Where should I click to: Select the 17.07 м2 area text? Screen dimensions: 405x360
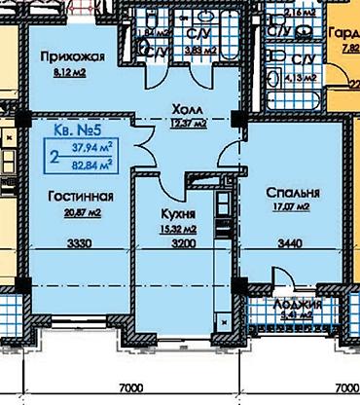pyautogui.click(x=289, y=206)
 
